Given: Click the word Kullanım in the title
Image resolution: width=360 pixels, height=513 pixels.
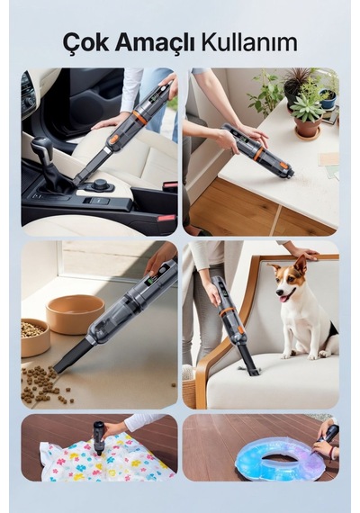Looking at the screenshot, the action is (249, 42).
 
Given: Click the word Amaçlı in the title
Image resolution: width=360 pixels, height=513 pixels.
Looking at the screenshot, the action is (155, 43).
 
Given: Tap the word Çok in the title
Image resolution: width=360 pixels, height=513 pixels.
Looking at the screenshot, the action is (85, 43).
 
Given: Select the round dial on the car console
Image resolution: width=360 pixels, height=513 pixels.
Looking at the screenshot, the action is (101, 184).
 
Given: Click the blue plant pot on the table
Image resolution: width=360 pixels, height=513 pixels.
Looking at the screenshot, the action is (328, 100).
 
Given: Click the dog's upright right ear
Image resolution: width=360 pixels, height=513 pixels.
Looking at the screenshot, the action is (301, 264).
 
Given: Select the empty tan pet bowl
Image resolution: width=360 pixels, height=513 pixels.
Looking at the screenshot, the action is (75, 314).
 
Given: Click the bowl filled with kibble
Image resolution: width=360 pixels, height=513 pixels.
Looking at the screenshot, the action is (34, 337).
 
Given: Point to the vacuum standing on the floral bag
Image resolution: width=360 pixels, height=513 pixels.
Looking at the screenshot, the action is (98, 438).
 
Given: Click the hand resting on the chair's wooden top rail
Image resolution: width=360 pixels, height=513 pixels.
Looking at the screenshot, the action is (303, 252).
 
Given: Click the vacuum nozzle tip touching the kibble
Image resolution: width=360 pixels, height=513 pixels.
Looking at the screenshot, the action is (57, 368).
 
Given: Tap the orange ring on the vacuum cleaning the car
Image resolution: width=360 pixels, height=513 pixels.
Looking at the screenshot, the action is (140, 117).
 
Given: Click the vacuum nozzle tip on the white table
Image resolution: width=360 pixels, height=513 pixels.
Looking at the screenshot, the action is (290, 175).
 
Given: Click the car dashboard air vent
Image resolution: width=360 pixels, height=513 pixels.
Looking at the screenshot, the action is (28, 86).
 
